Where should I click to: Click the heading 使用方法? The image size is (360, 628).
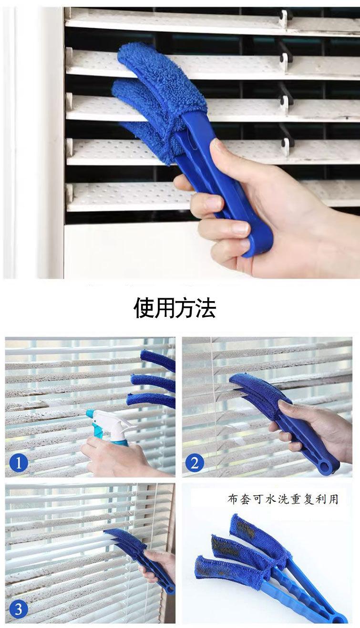click(x=175, y=308)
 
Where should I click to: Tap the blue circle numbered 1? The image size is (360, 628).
click(x=19, y=463)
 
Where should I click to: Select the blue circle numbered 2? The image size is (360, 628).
click(x=195, y=463)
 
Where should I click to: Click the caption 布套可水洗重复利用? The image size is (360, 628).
click(x=283, y=499)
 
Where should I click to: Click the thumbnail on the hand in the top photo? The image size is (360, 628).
click(x=217, y=146)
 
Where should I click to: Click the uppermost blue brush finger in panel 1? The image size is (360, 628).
click(x=158, y=360)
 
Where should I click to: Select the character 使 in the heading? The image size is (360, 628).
click(x=144, y=308)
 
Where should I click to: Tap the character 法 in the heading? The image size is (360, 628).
click(x=206, y=308)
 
